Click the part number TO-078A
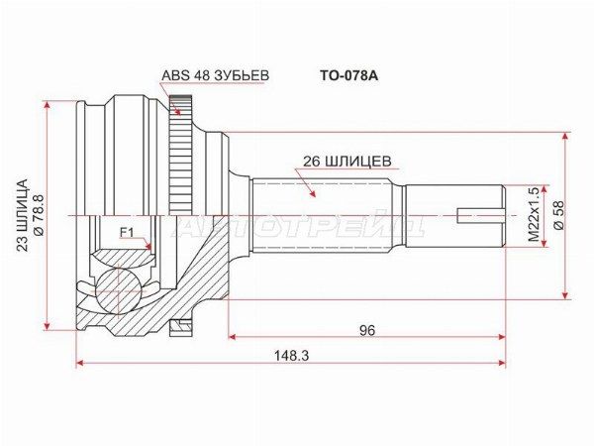(x=348, y=76)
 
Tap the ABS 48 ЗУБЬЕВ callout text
(x=215, y=75)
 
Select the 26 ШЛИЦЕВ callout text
(x=347, y=162)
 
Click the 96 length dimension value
(x=367, y=331)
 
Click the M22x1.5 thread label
(x=534, y=215)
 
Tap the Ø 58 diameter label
(x=559, y=215)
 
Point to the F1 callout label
(x=127, y=232)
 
